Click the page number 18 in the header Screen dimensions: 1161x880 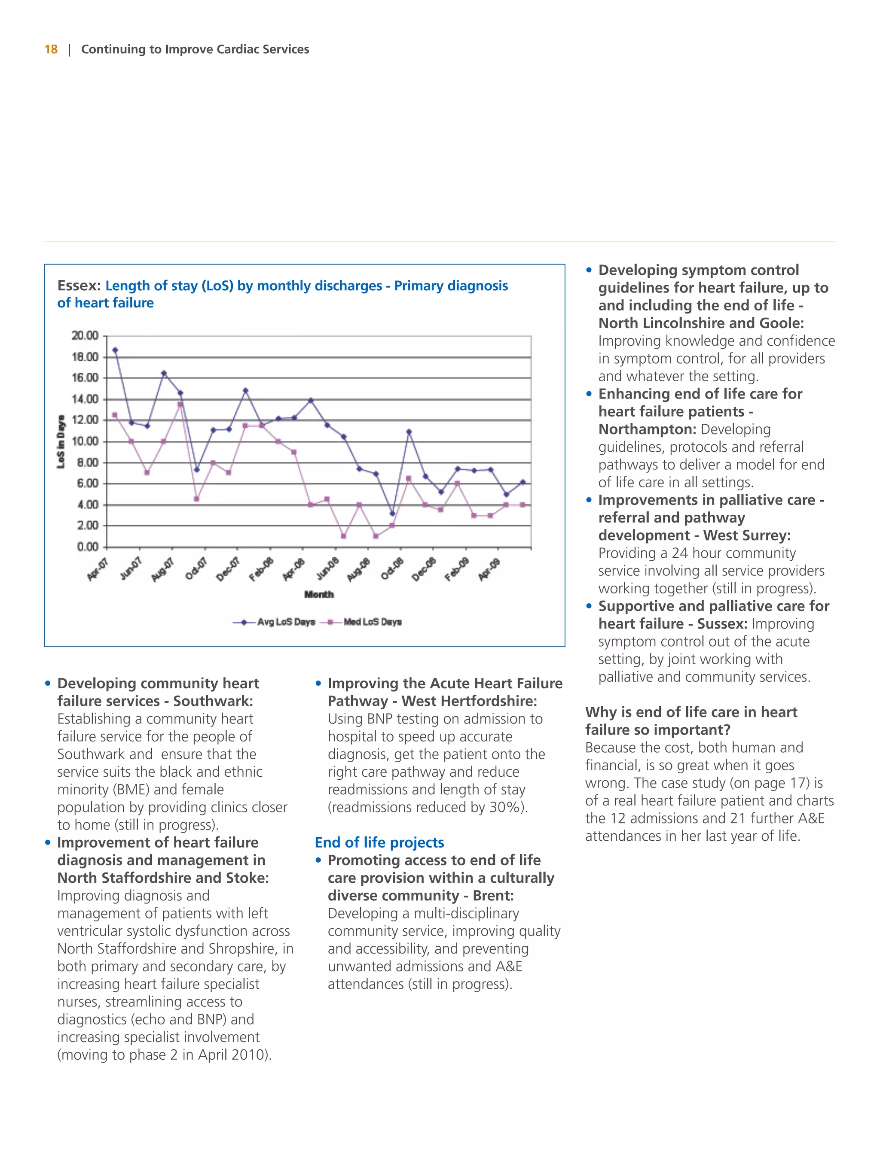click(51, 49)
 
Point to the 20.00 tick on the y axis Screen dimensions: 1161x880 click(85, 336)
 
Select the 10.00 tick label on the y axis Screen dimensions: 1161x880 click(85, 441)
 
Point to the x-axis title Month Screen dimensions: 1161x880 click(319, 594)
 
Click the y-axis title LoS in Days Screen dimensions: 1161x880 click(61, 441)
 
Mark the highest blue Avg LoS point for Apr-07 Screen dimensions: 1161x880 click(115, 350)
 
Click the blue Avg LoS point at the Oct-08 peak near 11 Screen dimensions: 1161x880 click(409, 432)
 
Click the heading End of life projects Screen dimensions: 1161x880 click(379, 842)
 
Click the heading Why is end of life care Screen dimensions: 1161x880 click(691, 712)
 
